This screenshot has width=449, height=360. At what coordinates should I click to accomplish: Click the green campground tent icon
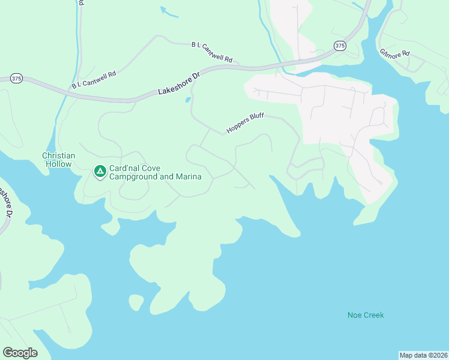click(x=100, y=172)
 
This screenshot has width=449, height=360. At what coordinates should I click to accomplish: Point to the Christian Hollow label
click(x=58, y=160)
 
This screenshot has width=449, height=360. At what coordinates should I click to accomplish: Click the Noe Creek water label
click(x=365, y=315)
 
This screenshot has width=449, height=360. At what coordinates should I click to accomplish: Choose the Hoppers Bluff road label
click(x=244, y=122)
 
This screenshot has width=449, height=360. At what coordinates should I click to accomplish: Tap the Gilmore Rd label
click(x=394, y=53)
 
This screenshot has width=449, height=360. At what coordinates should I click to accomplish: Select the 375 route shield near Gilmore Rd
click(x=340, y=46)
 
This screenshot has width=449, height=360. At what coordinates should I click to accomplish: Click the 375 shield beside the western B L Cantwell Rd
click(x=16, y=79)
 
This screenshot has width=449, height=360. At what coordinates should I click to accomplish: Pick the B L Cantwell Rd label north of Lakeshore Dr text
click(x=211, y=52)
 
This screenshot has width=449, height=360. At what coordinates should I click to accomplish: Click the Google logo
click(x=20, y=353)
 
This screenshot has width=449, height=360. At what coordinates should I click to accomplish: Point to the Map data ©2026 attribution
click(x=423, y=355)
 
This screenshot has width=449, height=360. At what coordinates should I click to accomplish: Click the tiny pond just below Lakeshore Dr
click(x=188, y=100)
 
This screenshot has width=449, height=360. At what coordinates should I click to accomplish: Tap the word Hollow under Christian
click(x=58, y=164)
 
